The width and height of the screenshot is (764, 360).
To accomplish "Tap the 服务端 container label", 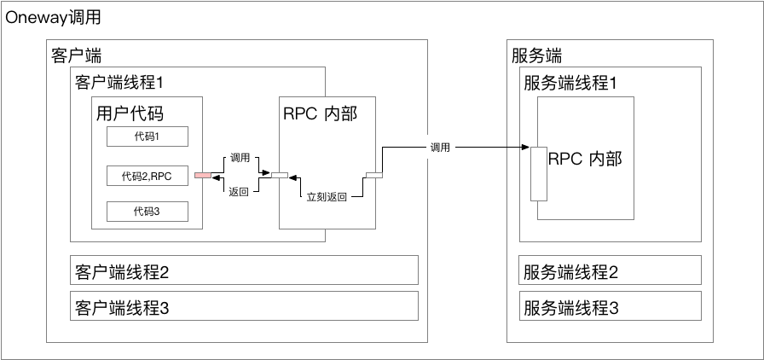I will coord(537,57).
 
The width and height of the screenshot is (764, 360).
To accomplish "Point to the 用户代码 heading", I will coord(130,113).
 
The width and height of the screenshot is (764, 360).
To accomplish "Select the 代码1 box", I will coord(147,136).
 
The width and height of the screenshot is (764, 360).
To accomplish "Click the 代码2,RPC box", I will coord(147,177).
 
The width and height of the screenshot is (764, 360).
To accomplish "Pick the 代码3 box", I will coord(147,212).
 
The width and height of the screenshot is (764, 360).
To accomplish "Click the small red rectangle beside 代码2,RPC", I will coord(202,176).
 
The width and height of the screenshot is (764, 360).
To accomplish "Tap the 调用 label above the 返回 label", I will coord(239,159).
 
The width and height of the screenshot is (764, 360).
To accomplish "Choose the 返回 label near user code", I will coord(239,192).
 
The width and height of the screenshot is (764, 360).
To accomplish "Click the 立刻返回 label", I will coord(327,197).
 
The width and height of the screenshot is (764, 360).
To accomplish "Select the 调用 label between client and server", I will coord(441,148).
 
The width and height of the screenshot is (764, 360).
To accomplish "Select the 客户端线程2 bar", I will coord(244,271).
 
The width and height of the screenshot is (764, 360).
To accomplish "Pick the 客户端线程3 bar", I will coord(244,306).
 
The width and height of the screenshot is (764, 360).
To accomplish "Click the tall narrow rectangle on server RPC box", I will coord(538,173).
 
